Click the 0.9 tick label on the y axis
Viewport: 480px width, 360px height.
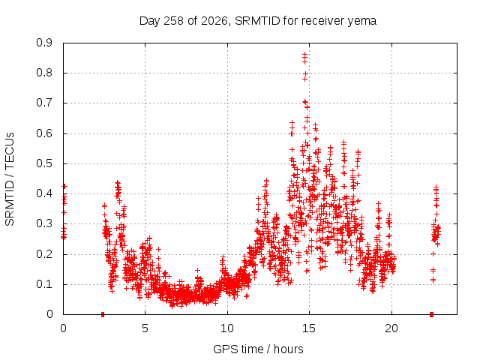(x=44, y=43)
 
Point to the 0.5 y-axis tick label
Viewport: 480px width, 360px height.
(x=44, y=163)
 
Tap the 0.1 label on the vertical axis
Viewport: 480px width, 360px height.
(x=44, y=285)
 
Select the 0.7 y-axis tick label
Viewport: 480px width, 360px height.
(x=44, y=103)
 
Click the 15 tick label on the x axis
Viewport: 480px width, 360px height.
(x=309, y=328)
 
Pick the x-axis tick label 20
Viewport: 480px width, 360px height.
(x=391, y=328)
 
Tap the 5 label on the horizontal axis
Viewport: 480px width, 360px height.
(x=145, y=328)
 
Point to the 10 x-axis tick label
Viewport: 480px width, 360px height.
(x=227, y=328)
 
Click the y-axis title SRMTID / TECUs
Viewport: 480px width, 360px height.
(x=10, y=179)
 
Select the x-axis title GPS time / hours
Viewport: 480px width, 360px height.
(x=258, y=349)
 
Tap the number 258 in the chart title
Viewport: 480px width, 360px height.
(x=173, y=21)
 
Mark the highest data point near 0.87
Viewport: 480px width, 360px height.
(x=304, y=55)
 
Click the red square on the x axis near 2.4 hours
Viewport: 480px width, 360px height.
(x=103, y=314)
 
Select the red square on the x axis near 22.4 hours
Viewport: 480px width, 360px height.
(x=432, y=314)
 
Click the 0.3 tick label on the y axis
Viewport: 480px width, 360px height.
(x=44, y=224)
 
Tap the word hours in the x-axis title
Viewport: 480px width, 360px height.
(x=288, y=349)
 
